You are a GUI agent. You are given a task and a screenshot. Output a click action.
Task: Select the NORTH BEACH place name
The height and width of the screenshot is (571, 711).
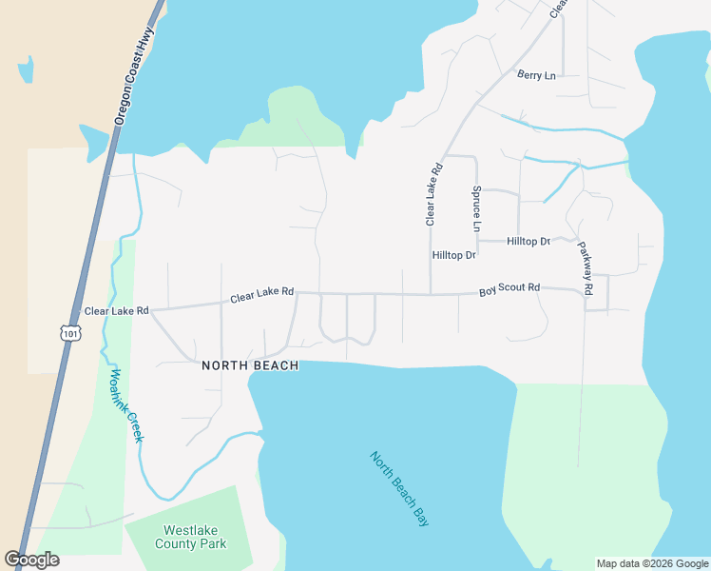(x=250, y=365)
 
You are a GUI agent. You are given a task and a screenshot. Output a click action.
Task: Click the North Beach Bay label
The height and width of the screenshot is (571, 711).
(x=399, y=488)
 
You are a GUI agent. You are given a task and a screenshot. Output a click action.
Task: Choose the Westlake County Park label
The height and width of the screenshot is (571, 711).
(x=195, y=537)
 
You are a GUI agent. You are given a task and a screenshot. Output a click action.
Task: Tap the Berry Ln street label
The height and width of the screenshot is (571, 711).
(x=535, y=74)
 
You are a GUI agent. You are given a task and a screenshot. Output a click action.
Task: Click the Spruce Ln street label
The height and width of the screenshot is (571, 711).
(x=477, y=208)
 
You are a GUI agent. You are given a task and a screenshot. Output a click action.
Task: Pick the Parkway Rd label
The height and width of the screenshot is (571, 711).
(x=585, y=266)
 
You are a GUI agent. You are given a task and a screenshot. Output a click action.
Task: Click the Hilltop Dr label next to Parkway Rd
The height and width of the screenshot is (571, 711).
(x=528, y=242)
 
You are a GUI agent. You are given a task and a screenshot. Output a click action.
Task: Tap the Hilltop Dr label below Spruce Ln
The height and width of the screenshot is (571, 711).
(x=453, y=255)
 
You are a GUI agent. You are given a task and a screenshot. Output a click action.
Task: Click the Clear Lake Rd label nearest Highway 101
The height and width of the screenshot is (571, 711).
(x=117, y=310)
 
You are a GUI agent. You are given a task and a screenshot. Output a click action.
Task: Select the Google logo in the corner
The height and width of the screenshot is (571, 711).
(x=31, y=560)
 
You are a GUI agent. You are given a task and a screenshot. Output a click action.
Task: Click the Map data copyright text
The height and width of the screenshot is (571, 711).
(x=651, y=563)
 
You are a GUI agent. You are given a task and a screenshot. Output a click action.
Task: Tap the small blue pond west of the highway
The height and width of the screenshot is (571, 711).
(x=26, y=69)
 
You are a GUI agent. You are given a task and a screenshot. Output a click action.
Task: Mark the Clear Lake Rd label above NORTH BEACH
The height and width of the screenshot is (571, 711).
(x=261, y=296)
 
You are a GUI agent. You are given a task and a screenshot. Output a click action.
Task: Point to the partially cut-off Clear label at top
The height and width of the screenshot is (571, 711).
(x=558, y=8)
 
